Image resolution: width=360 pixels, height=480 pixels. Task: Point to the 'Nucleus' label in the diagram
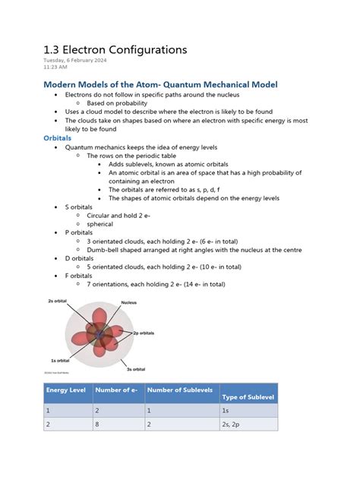click(129, 303)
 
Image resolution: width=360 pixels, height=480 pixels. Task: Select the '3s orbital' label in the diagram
click(135, 368)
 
